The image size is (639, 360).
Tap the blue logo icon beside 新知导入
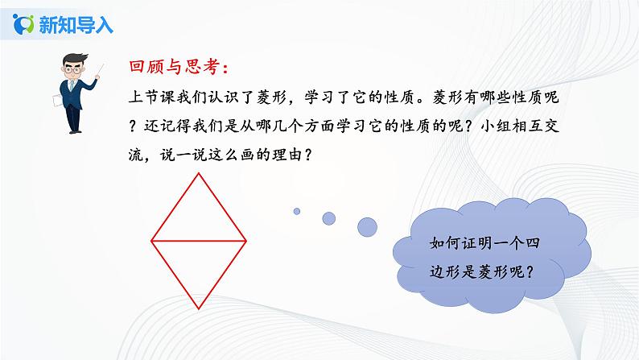pyautogui.click(x=25, y=23)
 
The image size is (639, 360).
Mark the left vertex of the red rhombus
pyautogui.click(x=152, y=240)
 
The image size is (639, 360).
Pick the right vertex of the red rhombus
pyautogui.click(x=245, y=240)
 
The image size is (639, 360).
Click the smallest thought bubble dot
pyautogui.click(x=296, y=211)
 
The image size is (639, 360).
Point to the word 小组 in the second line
pyautogui.click(x=501, y=127)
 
